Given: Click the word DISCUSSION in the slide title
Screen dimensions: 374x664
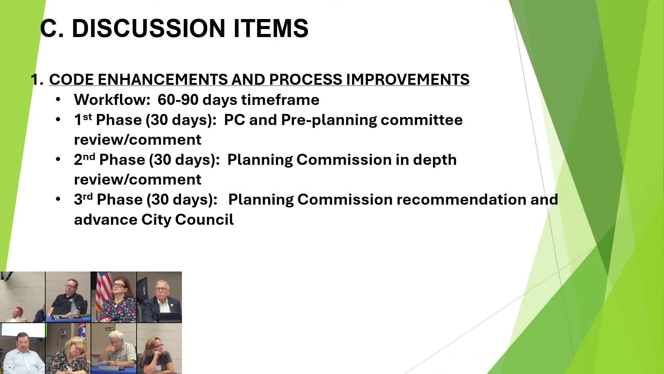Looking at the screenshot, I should click(x=148, y=28).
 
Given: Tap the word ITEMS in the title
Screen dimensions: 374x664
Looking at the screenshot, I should click(x=271, y=28).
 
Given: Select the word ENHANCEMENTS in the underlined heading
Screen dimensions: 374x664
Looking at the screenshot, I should click(x=162, y=80).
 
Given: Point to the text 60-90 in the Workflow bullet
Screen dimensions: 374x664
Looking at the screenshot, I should click(x=178, y=100).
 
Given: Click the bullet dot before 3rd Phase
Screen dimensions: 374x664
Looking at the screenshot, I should click(x=58, y=199).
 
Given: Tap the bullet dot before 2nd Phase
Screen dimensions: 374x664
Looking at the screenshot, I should click(x=58, y=159).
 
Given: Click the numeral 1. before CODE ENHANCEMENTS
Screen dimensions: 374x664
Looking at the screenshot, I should click(x=37, y=80).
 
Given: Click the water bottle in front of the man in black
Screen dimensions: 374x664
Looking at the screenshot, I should click(x=73, y=308).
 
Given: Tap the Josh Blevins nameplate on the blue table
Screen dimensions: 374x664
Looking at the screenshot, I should click(x=70, y=317).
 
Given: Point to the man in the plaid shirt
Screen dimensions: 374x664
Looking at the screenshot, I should click(x=118, y=350).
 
